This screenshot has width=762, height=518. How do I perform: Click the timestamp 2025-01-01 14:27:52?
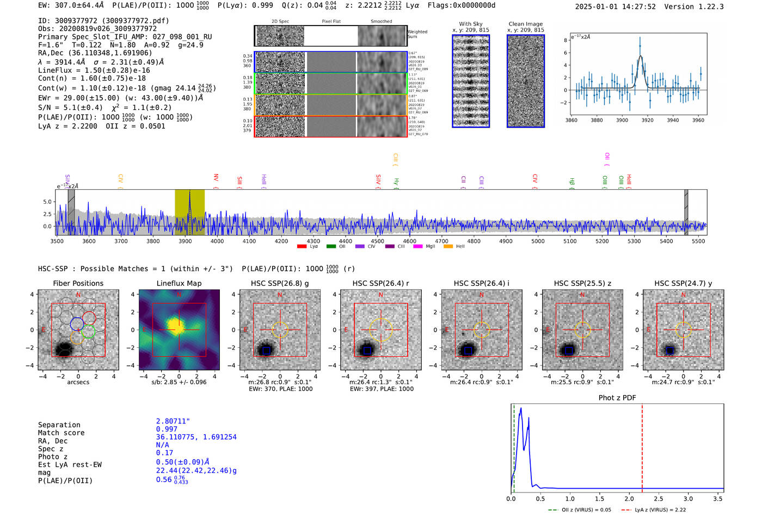(615, 7)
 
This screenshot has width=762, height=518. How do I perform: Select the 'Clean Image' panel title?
(525, 24)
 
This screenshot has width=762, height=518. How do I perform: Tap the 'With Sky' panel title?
(470, 24)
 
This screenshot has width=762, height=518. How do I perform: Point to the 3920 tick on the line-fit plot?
(647, 120)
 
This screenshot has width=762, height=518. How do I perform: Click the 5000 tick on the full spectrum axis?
(538, 241)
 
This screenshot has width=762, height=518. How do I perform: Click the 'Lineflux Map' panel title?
(179, 283)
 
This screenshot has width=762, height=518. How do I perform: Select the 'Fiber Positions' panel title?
(78, 283)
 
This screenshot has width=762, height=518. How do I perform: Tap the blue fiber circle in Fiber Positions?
(77, 323)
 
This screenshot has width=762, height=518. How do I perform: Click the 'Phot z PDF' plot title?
(617, 398)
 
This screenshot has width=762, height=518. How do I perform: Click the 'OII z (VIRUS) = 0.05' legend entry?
(580, 510)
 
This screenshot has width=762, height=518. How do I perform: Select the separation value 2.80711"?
(173, 421)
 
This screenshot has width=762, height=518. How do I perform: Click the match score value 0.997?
(167, 429)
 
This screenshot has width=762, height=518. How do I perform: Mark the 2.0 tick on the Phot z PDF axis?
(629, 498)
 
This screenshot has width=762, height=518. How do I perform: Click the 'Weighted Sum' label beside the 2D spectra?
(417, 34)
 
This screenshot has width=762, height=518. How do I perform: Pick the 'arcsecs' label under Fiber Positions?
(78, 382)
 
